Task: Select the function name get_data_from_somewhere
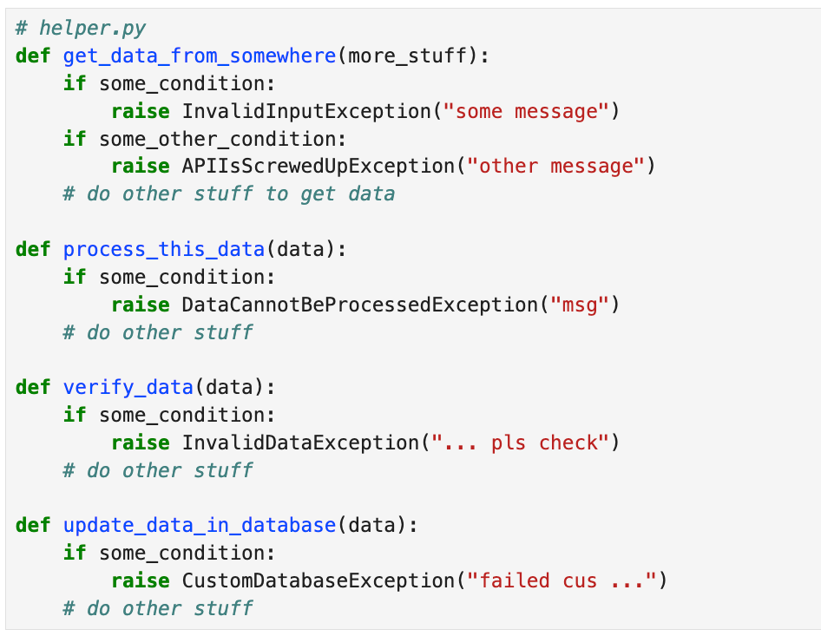[x=199, y=56]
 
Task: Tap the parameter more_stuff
[x=411, y=56]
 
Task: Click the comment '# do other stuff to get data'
[x=228, y=194]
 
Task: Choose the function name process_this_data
[x=163, y=250]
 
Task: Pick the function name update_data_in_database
[x=199, y=525]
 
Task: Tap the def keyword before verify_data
[x=33, y=387]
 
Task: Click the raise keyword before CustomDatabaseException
[x=140, y=580]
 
